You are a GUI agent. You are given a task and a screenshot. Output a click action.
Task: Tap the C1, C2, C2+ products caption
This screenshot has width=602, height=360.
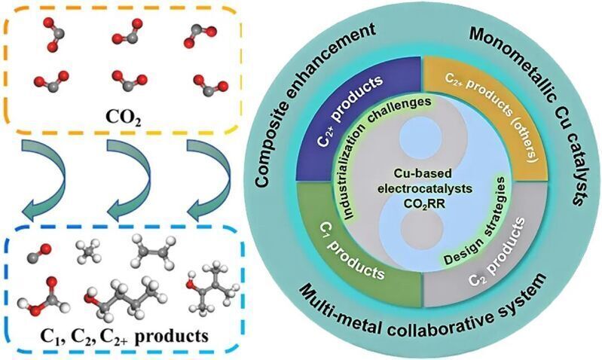[x=121, y=336]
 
